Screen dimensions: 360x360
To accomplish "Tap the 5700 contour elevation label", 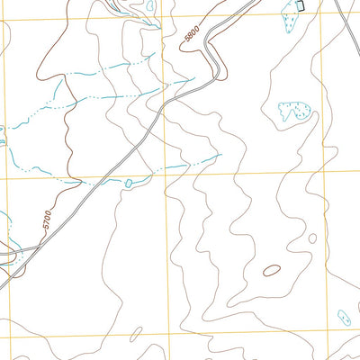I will point(46,218).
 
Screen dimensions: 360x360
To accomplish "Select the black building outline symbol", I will point(300,6).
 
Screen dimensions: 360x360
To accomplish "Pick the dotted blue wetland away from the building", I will point(294,112).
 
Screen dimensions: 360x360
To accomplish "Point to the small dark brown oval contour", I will point(271,270).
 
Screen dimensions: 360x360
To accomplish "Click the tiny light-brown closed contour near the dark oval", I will point(312,238).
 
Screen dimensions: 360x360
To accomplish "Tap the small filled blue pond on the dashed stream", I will point(129,183).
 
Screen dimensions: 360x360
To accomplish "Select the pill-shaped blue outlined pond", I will point(343,318).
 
